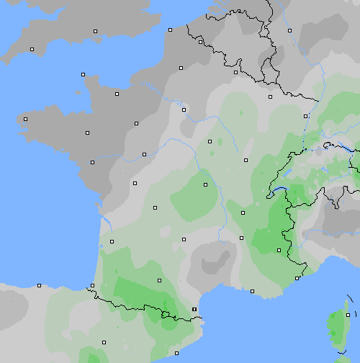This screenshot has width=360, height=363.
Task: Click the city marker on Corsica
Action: click(348, 315)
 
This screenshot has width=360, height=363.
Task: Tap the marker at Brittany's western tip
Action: click(25, 119)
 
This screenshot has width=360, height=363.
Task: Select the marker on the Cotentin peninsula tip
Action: click(83, 74)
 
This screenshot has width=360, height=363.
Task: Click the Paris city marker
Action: click(184, 109)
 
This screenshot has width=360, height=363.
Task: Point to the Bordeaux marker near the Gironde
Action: click(112, 241)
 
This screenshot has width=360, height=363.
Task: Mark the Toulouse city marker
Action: click(159, 279)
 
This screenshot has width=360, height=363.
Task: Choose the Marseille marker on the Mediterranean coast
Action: click(253, 291)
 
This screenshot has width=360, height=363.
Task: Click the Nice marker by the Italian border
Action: click(297, 278)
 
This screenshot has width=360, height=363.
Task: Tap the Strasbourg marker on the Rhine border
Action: click(306, 116)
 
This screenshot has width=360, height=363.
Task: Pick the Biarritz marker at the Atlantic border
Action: click(94, 286)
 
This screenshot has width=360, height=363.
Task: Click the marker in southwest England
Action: click(32, 49)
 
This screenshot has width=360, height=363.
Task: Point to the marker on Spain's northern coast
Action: click(39, 285)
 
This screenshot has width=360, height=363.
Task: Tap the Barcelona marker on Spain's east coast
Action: click(176, 352)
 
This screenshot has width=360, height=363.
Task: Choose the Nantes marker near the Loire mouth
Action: click(92, 162)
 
